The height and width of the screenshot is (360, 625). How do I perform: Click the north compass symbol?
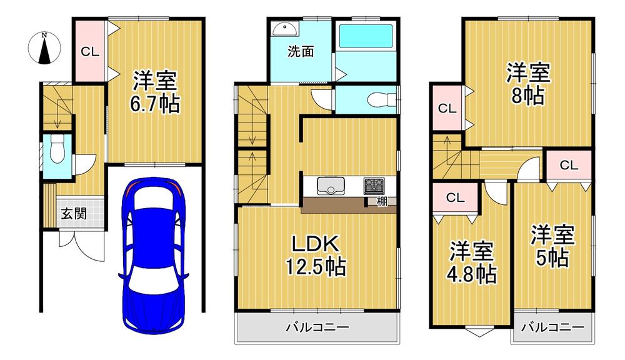(44, 48)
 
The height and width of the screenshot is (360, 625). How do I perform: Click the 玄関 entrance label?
(74, 214)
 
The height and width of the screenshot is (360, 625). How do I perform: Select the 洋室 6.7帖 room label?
(154, 92)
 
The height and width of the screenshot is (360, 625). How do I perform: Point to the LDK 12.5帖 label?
(315, 255)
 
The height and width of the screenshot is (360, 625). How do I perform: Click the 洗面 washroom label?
(301, 51)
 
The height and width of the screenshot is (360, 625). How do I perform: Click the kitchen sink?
(331, 186)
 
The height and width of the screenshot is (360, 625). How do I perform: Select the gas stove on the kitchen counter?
(374, 186)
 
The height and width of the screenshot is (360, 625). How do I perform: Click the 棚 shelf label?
(382, 201)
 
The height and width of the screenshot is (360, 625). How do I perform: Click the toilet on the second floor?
(381, 99)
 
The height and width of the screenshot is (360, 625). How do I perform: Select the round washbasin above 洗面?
(286, 29)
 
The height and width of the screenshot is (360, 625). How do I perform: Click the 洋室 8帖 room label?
(528, 84)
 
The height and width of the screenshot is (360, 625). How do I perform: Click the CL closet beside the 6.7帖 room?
(90, 51)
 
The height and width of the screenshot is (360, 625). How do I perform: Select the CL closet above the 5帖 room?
(569, 164)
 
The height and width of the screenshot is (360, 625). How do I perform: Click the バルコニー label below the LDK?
(317, 327)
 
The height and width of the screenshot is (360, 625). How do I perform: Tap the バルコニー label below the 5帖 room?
(553, 327)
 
